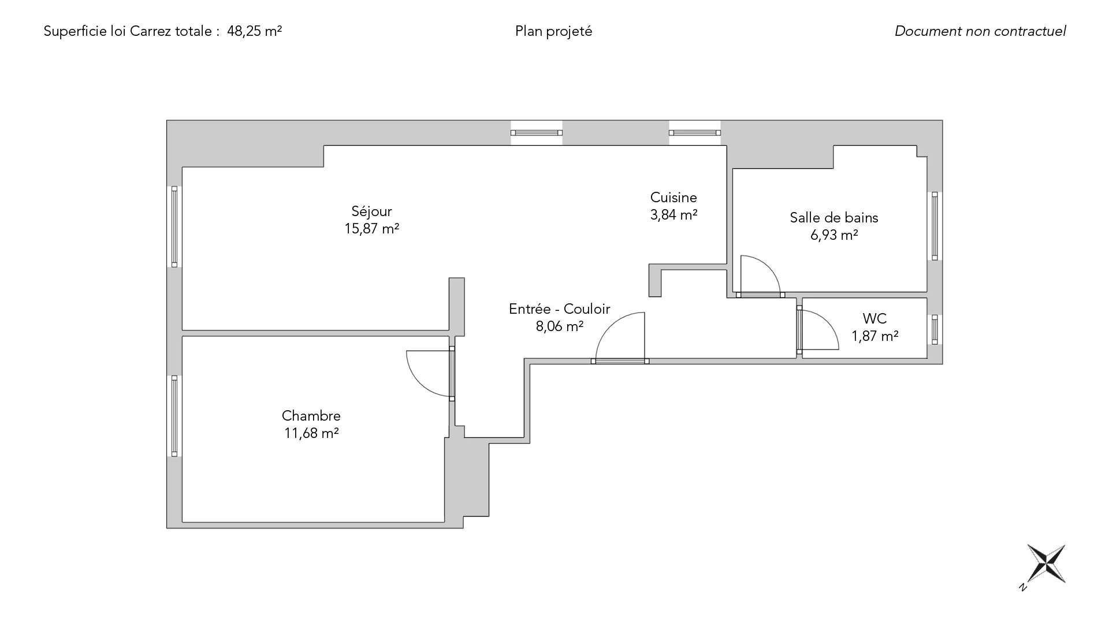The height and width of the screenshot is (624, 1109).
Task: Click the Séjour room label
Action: (371, 211)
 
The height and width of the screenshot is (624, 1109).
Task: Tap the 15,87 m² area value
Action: (372, 229)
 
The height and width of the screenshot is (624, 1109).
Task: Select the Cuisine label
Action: (673, 198)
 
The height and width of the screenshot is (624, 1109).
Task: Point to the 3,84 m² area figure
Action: (674, 215)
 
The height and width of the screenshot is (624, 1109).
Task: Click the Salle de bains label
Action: (834, 218)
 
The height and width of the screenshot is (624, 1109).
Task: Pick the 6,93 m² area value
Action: (834, 235)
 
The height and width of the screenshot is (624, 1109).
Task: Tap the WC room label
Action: (874, 318)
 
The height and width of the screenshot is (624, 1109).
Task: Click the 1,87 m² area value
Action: (875, 336)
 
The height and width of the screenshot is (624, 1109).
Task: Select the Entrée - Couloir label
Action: (559, 309)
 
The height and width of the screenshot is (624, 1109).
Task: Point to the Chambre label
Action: (311, 416)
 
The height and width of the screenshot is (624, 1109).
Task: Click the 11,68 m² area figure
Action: (311, 433)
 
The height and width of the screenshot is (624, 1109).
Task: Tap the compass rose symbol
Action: (1046, 564)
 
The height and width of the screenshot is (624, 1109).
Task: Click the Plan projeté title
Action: (554, 32)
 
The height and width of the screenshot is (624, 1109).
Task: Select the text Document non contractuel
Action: (980, 31)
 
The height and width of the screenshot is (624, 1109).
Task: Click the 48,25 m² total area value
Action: (255, 31)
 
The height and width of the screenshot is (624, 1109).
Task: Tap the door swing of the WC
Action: (819, 330)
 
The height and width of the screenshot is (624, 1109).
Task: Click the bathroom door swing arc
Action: (760, 274)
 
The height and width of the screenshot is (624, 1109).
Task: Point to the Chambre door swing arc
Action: (429, 374)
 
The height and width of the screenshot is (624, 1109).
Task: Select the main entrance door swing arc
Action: (620, 336)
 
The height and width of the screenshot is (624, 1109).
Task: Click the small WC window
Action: (935, 330)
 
